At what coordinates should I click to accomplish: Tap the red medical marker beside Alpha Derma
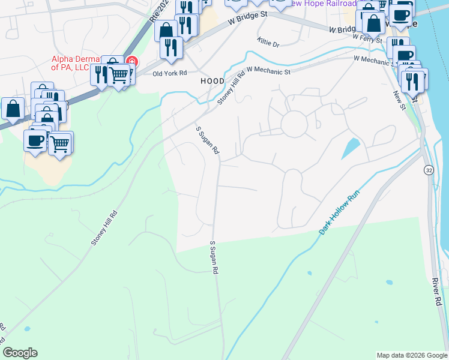(x=131, y=61)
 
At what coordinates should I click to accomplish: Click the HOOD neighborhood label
(x=212, y=80)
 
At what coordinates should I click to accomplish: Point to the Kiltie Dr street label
(x=268, y=43)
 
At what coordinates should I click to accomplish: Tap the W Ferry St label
(x=367, y=37)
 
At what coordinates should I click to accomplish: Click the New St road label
(x=398, y=98)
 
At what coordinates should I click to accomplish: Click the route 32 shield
(x=427, y=170)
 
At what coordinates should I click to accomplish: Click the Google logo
(x=20, y=353)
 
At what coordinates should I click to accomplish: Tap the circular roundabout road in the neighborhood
(x=294, y=124)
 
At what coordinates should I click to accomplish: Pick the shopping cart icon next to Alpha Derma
(x=119, y=75)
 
